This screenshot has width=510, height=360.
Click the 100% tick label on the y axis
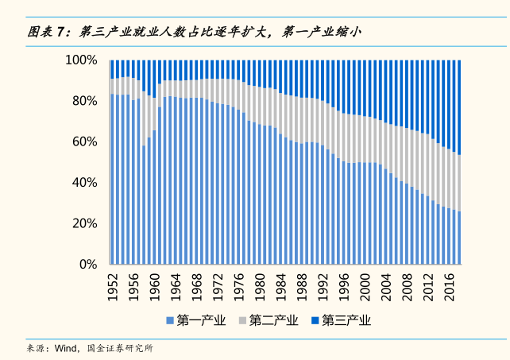pyautogui.click(x=82, y=60)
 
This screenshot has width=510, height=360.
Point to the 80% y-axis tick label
pyautogui.click(x=84, y=101)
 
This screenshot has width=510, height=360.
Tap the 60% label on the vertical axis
pyautogui.click(x=84, y=141)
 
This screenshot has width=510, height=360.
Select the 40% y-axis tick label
pyautogui.click(x=84, y=182)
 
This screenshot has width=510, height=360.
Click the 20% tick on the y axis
pyautogui.click(x=84, y=223)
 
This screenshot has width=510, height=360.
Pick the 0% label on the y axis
pyautogui.click(x=87, y=264)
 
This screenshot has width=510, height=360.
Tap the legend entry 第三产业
pyautogui.click(x=346, y=321)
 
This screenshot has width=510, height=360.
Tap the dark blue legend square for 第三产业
pyautogui.click(x=315, y=321)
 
